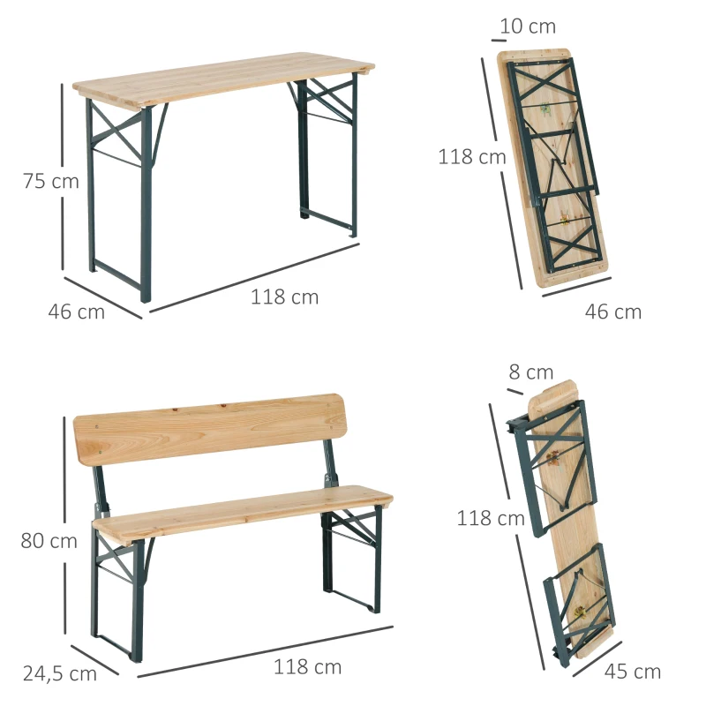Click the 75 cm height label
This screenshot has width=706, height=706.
[50, 183]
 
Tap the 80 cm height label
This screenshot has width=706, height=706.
[49, 541]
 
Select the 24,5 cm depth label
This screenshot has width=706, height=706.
[60, 674]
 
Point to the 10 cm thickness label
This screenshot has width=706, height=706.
[528, 26]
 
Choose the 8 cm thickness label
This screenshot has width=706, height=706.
[531, 373]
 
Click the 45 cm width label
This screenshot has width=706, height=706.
[633, 672]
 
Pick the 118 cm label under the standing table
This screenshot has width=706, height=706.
[284, 297]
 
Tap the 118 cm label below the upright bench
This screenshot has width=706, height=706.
[307, 667]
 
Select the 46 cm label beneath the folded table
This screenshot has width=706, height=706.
[614, 312]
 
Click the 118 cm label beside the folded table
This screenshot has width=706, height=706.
[472, 157]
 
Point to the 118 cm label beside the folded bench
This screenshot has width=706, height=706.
[491, 519]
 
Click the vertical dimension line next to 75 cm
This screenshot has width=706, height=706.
[62, 176]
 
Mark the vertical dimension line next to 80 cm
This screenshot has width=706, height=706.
[64, 529]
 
